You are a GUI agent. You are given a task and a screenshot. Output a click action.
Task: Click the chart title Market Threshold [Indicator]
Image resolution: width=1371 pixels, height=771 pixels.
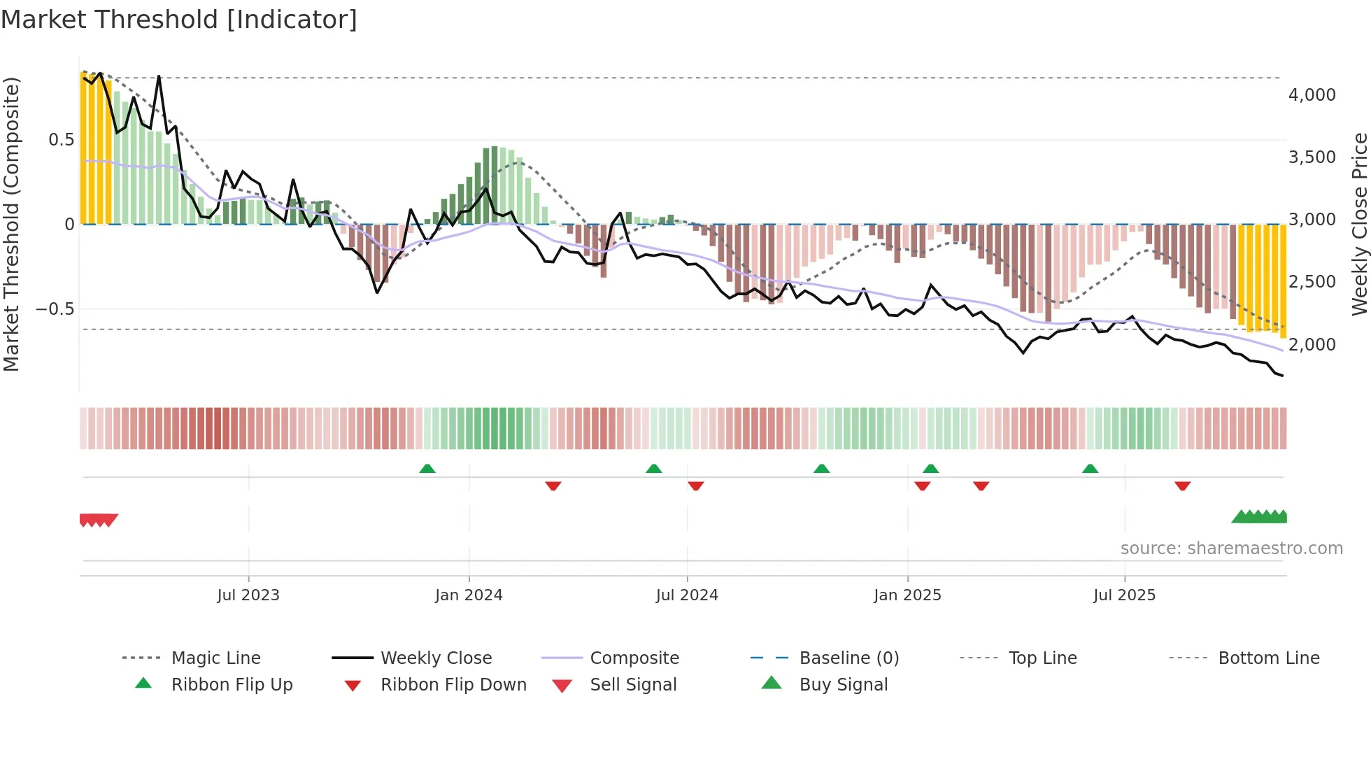click(179, 20)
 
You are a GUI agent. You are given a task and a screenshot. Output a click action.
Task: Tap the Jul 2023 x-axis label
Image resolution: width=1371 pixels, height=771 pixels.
click(248, 595)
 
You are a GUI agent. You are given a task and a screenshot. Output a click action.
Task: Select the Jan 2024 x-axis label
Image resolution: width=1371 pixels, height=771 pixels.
click(468, 595)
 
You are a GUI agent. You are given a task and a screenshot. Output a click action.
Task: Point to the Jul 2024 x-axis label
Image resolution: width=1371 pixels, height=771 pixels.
click(686, 595)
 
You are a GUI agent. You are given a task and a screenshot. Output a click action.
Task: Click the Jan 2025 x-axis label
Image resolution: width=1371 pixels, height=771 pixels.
click(907, 595)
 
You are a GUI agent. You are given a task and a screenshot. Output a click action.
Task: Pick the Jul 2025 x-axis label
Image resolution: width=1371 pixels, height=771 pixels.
click(1124, 595)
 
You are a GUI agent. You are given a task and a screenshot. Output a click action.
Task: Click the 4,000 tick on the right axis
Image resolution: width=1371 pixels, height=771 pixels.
click(1312, 95)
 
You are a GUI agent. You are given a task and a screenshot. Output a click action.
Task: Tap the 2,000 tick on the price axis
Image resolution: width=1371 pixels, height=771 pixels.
click(1312, 345)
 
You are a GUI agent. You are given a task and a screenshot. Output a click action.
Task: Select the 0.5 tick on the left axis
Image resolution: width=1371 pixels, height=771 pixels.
click(61, 140)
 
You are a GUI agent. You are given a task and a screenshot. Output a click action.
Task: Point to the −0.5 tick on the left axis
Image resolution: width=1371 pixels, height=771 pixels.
click(55, 309)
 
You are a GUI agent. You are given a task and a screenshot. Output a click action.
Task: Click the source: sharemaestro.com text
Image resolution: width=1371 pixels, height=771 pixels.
click(1231, 549)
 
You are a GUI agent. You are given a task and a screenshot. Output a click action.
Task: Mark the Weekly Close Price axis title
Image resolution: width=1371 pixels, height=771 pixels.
click(1359, 224)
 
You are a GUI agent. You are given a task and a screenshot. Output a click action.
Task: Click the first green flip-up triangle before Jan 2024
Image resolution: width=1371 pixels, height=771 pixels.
click(427, 469)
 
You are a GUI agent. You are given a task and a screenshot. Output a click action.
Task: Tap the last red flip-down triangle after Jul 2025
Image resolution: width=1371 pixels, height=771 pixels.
click(1182, 486)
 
